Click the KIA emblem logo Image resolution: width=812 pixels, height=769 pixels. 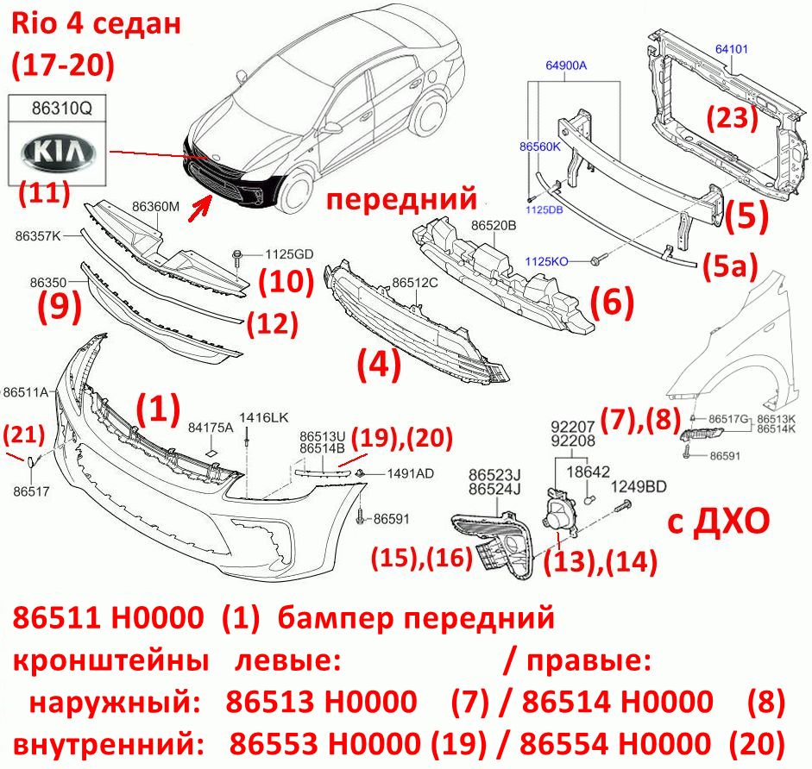point(59,153)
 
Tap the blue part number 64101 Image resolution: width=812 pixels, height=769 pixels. point(731,49)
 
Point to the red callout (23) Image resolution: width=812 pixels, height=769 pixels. point(733,117)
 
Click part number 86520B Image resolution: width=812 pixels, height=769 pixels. point(494,226)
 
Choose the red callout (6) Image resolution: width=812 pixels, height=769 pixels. point(612,301)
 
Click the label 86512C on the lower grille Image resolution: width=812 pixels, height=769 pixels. point(415,283)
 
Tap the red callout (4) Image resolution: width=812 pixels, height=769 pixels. point(379,365)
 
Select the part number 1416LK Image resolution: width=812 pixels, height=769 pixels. point(263,417)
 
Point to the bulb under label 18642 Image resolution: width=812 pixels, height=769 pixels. point(589,499)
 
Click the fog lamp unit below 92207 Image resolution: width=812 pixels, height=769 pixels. point(558,512)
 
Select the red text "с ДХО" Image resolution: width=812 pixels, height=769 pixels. point(718,522)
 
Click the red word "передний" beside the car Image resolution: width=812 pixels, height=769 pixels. point(401,199)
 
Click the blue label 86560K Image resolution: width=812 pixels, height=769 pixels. point(540,147)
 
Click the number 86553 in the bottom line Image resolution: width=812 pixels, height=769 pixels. point(274,744)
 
